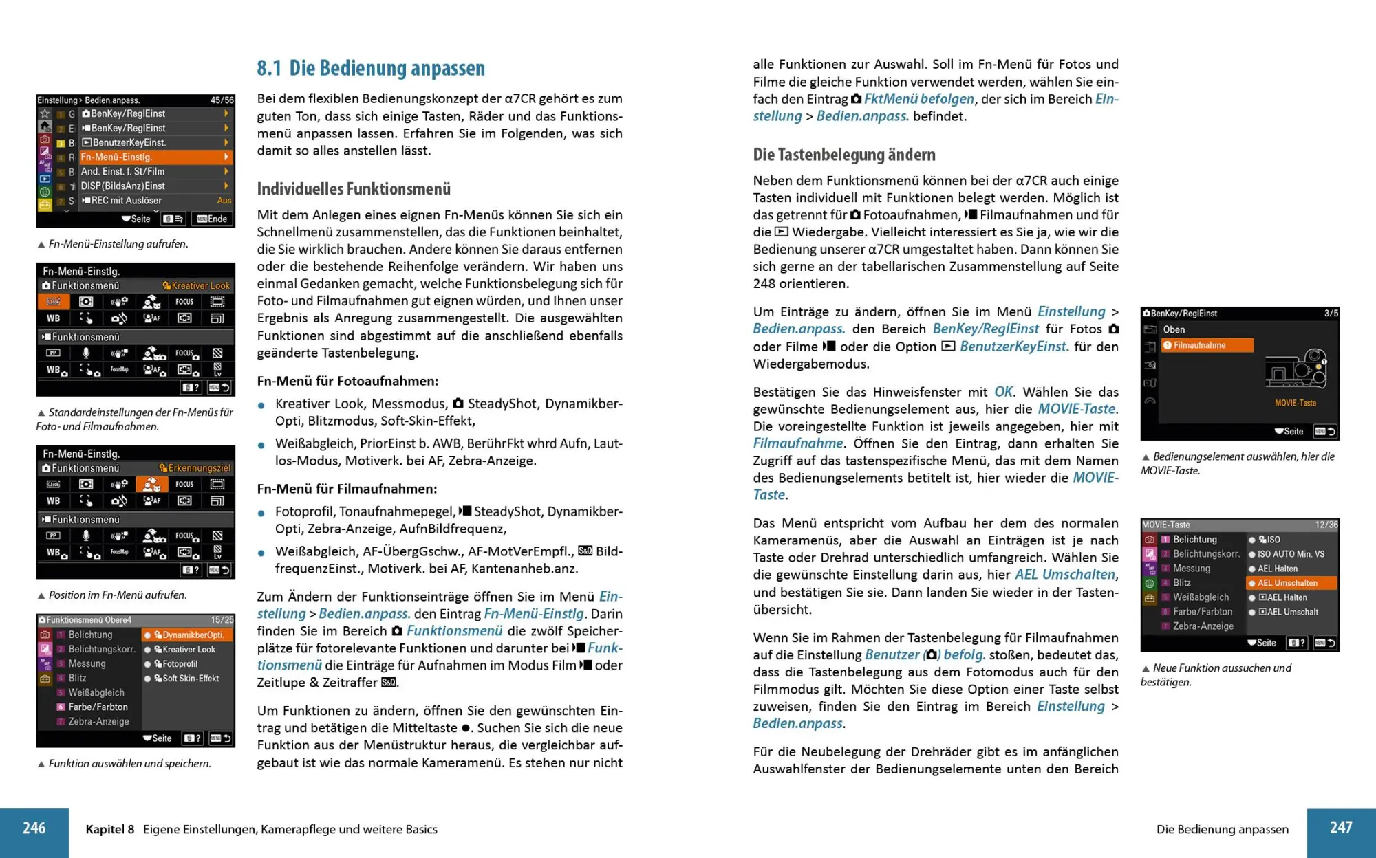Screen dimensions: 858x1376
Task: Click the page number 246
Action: (x=34, y=828)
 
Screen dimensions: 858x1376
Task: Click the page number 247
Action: (x=1341, y=828)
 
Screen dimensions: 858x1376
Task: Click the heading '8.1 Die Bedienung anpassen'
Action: (x=371, y=68)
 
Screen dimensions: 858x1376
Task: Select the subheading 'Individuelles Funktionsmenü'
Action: (x=354, y=189)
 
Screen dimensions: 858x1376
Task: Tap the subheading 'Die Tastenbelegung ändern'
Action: (x=844, y=155)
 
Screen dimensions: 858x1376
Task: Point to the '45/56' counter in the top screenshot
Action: (x=222, y=100)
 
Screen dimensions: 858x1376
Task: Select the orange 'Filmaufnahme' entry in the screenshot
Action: (x=1207, y=345)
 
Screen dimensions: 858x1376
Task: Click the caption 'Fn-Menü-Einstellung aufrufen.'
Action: (x=118, y=244)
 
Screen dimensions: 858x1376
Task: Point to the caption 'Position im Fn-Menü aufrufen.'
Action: (x=117, y=595)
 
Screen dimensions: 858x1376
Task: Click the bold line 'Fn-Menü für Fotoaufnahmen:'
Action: (x=347, y=381)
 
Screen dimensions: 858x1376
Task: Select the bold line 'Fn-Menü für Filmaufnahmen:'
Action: (x=347, y=489)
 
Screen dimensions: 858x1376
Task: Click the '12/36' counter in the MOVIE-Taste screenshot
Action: (x=1326, y=525)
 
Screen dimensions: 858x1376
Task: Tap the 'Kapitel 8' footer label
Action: (x=110, y=829)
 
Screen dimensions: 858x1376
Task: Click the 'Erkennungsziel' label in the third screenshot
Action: (x=198, y=468)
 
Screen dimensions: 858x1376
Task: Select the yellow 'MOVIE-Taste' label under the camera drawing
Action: (x=1295, y=403)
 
